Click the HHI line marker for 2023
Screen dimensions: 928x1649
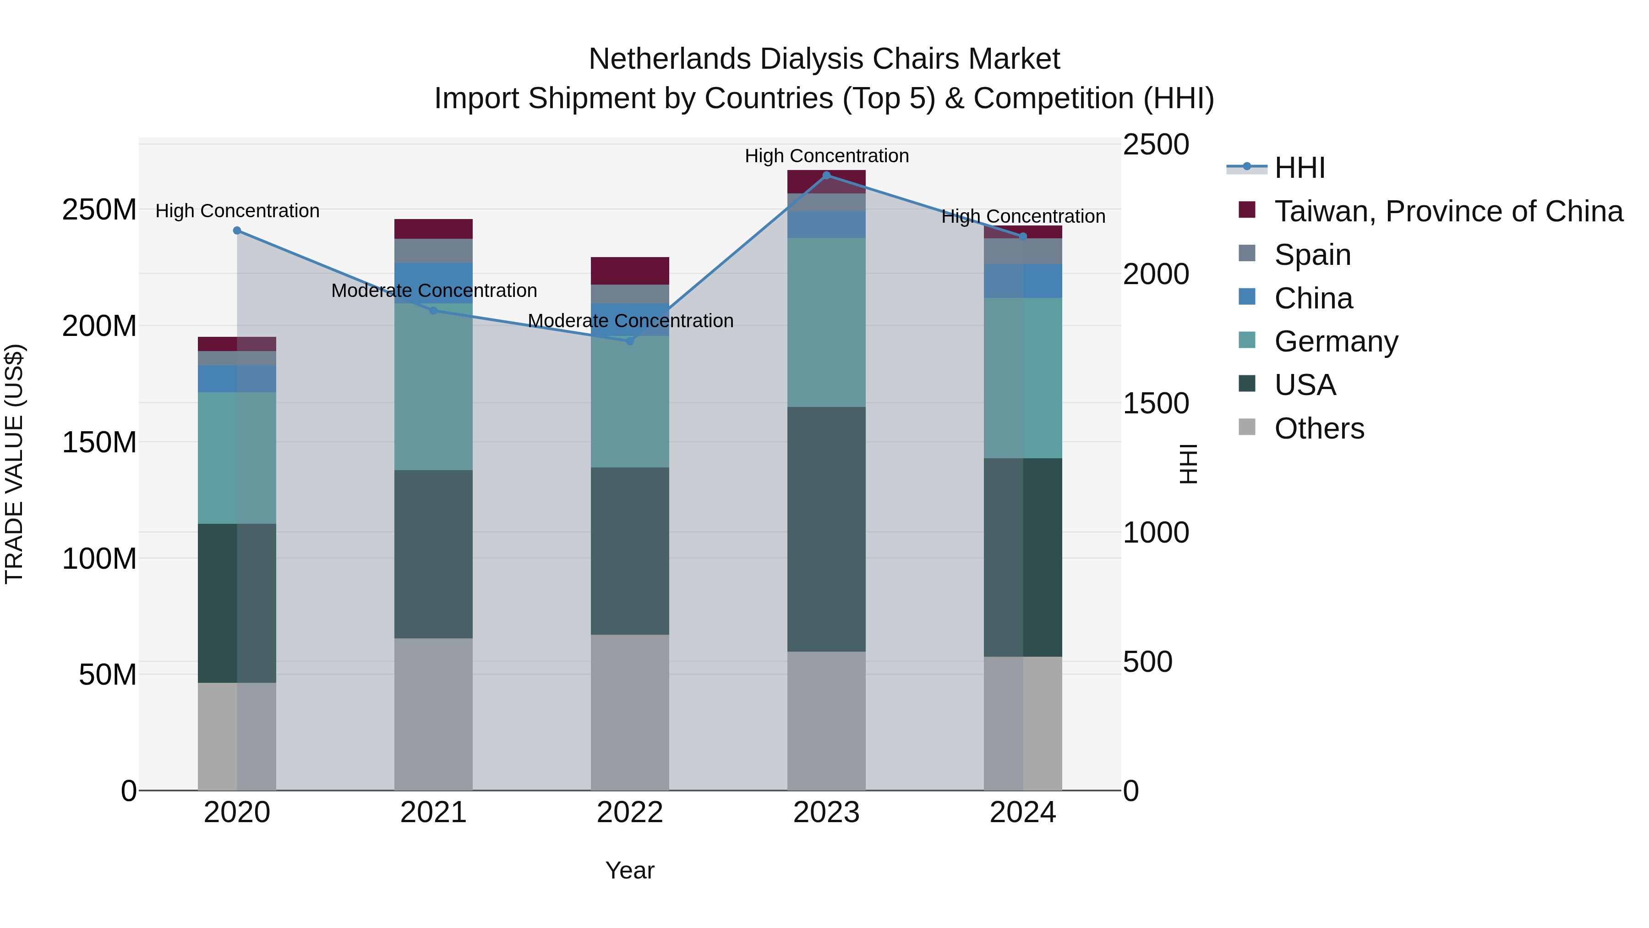click(x=826, y=176)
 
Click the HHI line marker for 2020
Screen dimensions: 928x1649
click(x=237, y=231)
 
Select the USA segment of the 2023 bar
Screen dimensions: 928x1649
click(x=826, y=529)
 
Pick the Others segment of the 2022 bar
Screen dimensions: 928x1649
click(x=629, y=712)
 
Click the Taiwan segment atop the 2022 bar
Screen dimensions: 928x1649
click(x=629, y=271)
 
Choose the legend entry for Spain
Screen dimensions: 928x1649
click(x=1312, y=255)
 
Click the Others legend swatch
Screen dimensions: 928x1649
click(x=1246, y=427)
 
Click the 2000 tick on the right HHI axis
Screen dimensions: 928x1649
click(x=1156, y=274)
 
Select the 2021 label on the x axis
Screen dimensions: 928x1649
click(x=433, y=813)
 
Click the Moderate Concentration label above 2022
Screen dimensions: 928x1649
click(x=630, y=321)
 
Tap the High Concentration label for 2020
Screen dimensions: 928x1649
click(x=237, y=211)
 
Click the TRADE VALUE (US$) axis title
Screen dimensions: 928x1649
click(x=14, y=464)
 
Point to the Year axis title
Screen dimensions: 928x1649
click(x=629, y=870)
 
